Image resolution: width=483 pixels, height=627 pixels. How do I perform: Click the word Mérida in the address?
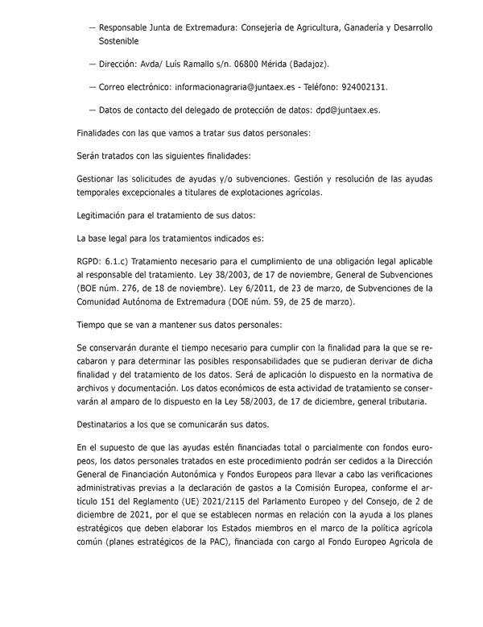tap(287, 63)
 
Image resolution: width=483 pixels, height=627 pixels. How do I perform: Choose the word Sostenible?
tap(118, 39)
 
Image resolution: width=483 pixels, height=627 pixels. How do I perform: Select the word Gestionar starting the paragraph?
tap(97, 178)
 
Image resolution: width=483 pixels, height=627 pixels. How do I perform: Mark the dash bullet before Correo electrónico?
tap(93, 86)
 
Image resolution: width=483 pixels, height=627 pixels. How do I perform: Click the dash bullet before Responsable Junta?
tap(93, 27)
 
